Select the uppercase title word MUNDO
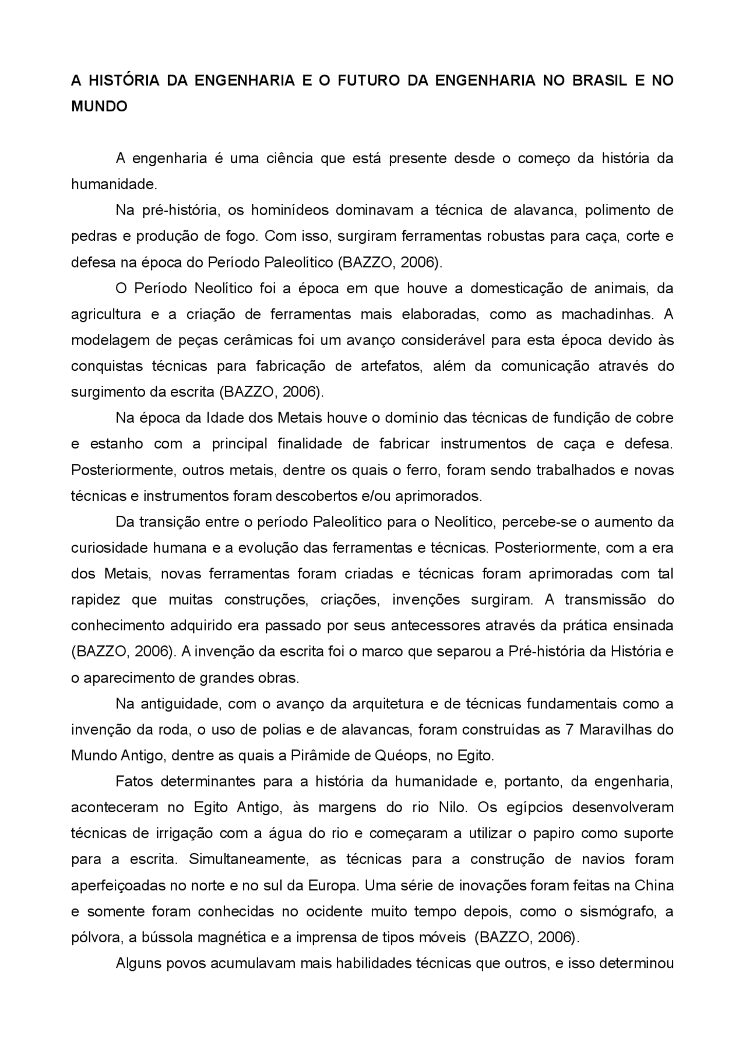click(x=99, y=107)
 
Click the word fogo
click(x=239, y=237)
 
